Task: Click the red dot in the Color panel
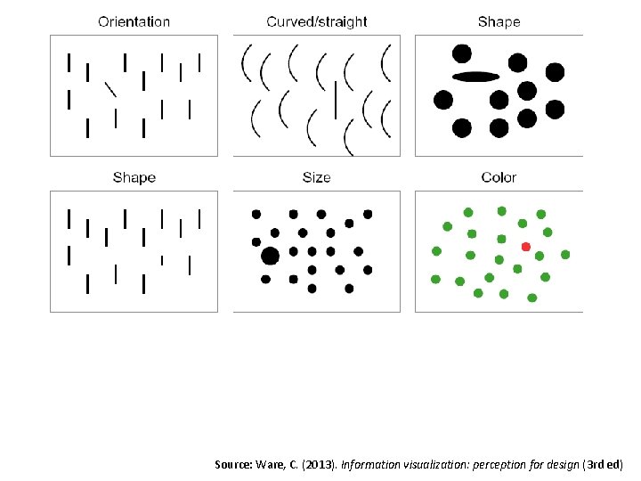[526, 247]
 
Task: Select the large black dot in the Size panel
[271, 257]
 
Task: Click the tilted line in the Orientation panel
[110, 88]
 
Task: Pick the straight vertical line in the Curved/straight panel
[335, 99]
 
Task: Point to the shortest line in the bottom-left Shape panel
[161, 260]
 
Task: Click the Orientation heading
[134, 21]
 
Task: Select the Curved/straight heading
[316, 21]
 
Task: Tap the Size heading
[316, 178]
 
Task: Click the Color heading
[499, 178]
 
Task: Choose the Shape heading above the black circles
[499, 21]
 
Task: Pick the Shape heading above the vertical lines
[134, 178]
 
